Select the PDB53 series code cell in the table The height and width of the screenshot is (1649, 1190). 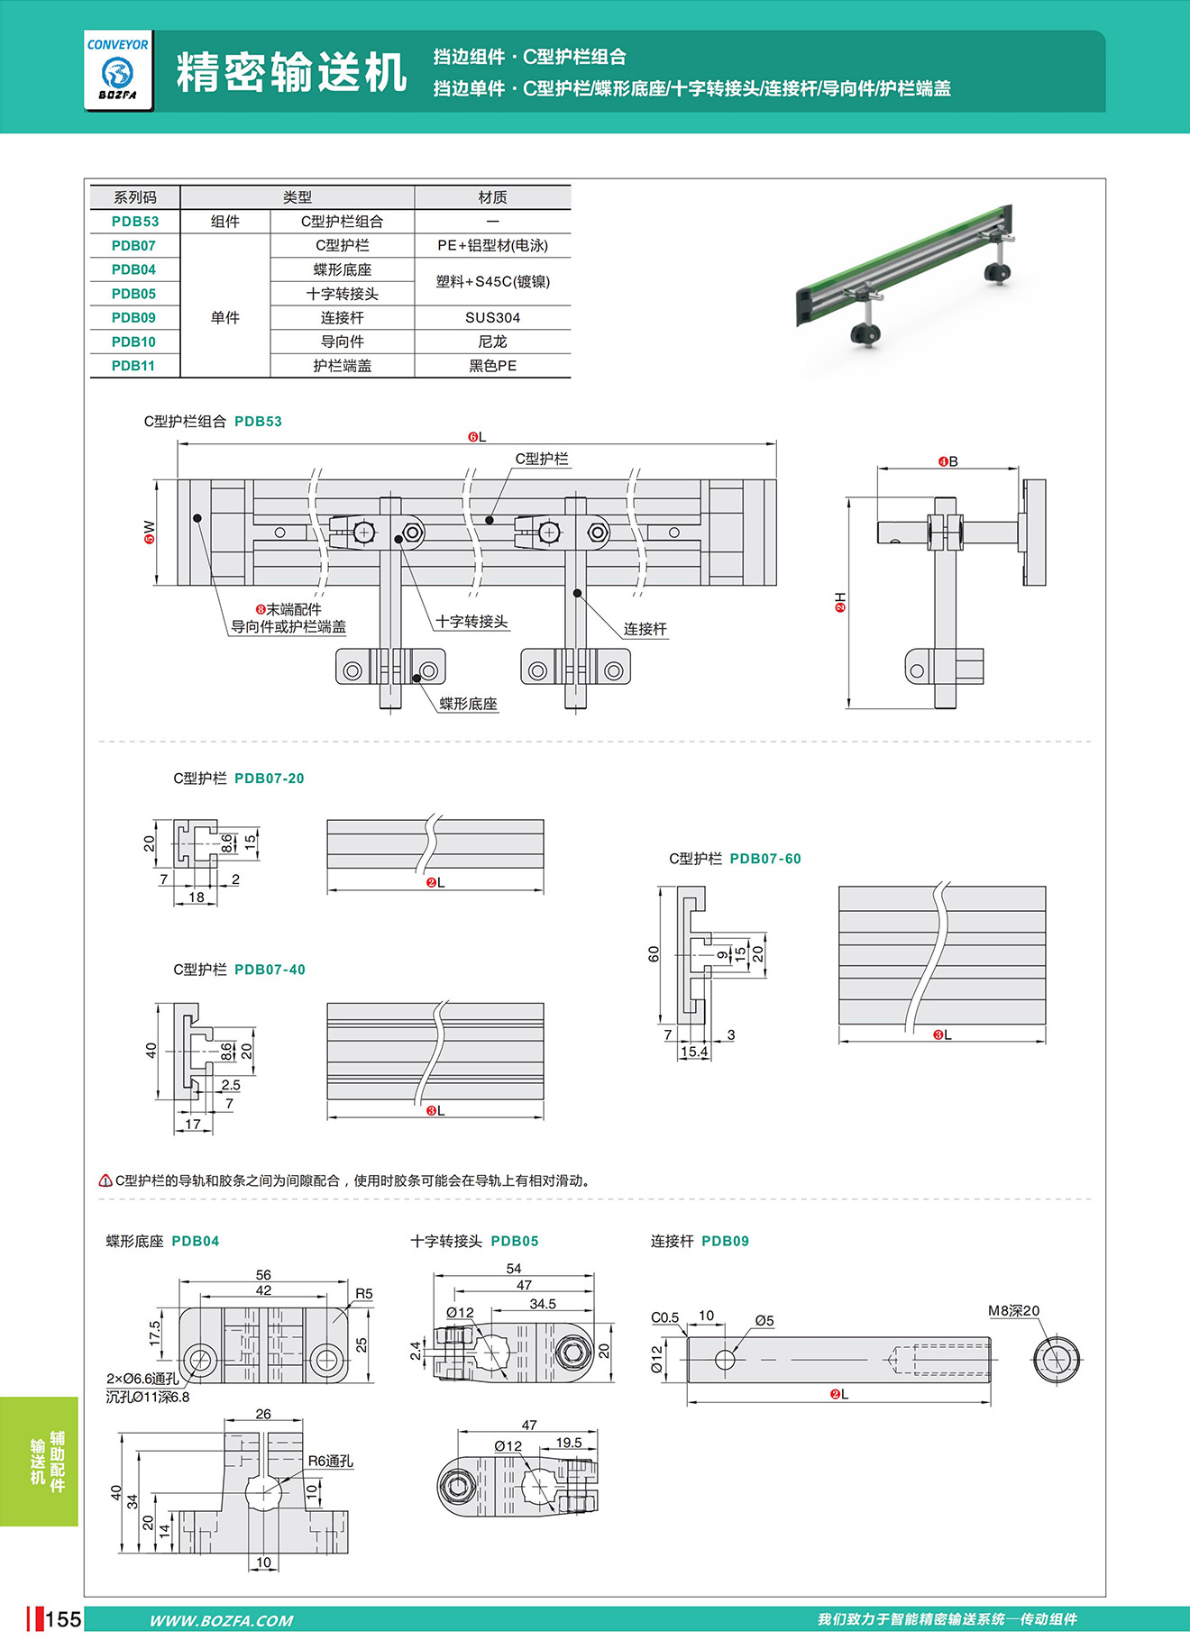[x=135, y=222]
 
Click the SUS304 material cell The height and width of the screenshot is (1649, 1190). [x=492, y=318]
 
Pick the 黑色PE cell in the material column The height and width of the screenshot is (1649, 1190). [x=492, y=366]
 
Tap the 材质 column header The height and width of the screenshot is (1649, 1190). [x=492, y=197]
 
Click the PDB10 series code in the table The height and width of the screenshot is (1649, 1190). [x=133, y=342]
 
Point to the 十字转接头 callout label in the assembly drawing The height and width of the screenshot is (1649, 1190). [x=471, y=622]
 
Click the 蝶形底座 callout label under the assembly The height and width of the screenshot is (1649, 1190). [x=468, y=704]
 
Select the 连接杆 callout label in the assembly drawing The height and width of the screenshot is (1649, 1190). [x=645, y=629]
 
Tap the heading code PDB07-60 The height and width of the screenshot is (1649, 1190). [x=765, y=859]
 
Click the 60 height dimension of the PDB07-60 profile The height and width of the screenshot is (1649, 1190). [x=654, y=954]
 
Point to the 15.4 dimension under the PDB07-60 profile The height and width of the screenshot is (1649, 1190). [x=694, y=1052]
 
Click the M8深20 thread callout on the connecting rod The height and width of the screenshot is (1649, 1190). [x=1013, y=1311]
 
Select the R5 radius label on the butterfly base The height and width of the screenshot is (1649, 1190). [x=363, y=1294]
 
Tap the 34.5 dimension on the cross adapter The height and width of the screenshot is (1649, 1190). [x=543, y=1304]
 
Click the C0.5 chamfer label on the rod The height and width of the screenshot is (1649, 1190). [x=665, y=1317]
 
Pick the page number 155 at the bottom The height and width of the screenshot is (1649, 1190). [x=63, y=1619]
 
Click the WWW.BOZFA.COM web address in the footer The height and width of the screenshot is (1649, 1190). [x=221, y=1621]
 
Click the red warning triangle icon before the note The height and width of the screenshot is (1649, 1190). [x=105, y=1180]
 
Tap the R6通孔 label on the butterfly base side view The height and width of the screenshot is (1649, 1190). [x=331, y=1462]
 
